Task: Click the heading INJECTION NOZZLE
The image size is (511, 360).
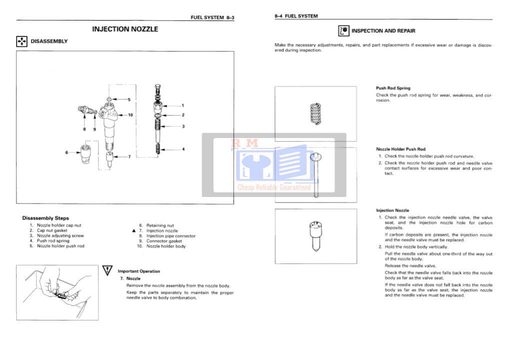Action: point(125,29)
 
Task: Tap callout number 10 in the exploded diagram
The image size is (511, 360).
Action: point(130,115)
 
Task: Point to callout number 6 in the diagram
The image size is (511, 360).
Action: point(66,152)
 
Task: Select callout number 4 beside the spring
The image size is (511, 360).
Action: point(183,149)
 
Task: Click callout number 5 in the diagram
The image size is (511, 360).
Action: point(128,99)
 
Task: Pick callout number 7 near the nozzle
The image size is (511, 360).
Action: point(129,156)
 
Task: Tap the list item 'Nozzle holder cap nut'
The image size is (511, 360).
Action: point(59,225)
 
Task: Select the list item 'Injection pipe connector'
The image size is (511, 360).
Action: point(170,236)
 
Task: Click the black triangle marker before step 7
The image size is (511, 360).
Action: point(133,231)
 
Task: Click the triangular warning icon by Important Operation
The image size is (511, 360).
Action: point(107,270)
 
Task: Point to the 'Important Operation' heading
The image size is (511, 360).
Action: point(139,271)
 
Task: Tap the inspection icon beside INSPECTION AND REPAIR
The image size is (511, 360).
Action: point(343,31)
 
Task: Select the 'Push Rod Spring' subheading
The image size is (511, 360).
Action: point(393,88)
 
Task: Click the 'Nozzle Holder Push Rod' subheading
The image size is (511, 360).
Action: point(400,149)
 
